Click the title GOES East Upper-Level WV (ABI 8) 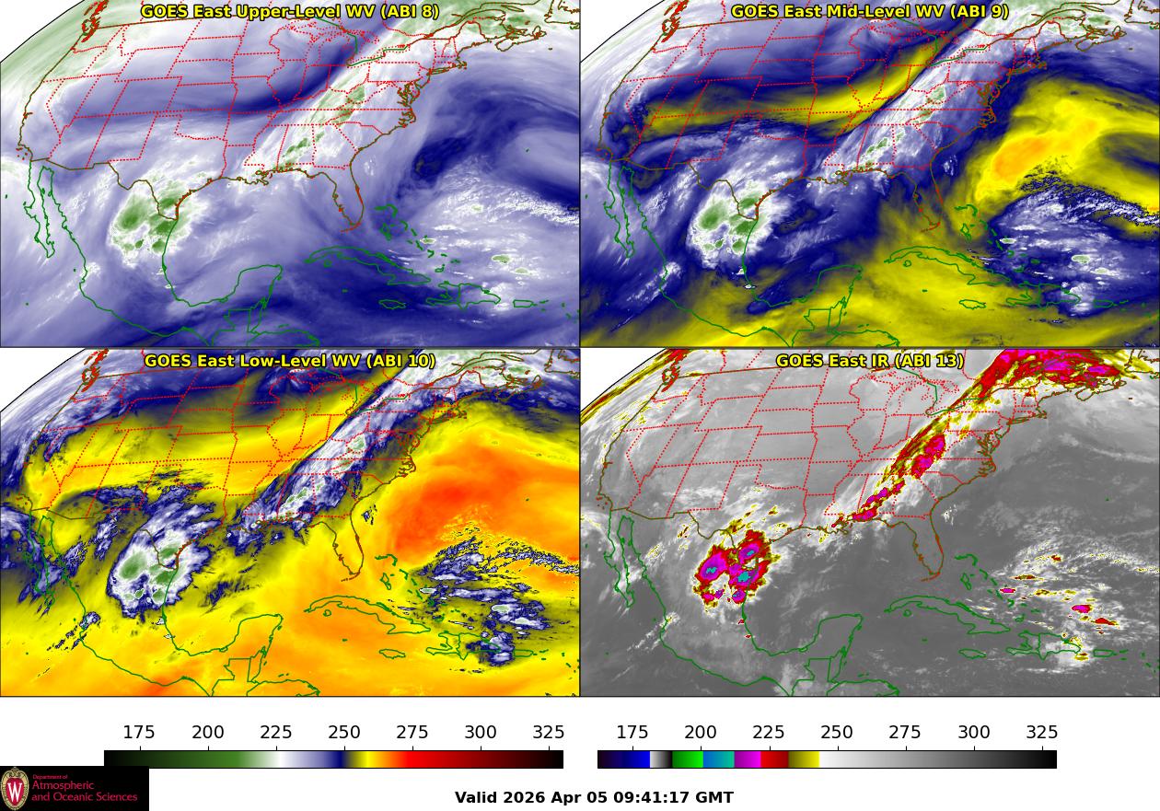point(290,12)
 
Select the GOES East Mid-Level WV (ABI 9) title point(870,12)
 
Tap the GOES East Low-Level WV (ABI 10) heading point(290,361)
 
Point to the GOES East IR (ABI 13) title point(870,361)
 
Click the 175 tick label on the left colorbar point(139,733)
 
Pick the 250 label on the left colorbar point(344,733)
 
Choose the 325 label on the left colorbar point(549,733)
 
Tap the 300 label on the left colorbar point(481,733)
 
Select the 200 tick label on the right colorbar point(701,733)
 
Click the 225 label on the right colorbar point(769,733)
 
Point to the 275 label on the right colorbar point(905,733)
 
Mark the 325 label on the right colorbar point(1041,733)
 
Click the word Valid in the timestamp point(477,798)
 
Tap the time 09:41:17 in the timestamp point(653,798)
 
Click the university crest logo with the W point(15,790)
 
